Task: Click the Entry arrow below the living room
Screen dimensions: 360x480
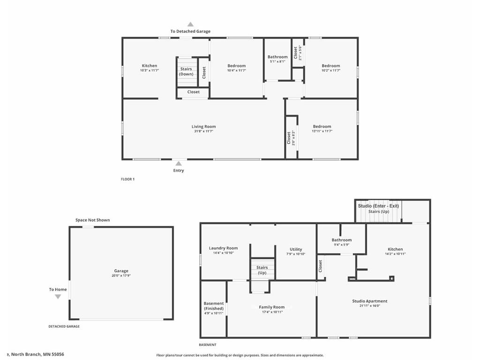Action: (x=178, y=164)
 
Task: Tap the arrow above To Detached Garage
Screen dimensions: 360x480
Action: (x=190, y=24)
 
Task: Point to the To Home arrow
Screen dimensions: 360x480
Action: (x=58, y=296)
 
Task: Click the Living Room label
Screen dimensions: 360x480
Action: (x=203, y=127)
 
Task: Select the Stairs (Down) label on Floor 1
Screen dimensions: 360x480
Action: (x=186, y=72)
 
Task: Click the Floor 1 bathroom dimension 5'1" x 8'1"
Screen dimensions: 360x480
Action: (x=277, y=61)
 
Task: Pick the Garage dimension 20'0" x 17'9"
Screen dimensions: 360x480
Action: (x=121, y=276)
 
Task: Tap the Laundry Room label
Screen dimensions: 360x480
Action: (x=223, y=248)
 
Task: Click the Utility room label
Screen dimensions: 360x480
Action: (x=296, y=249)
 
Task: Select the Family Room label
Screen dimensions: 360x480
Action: (x=272, y=307)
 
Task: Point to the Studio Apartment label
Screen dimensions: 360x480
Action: (x=370, y=301)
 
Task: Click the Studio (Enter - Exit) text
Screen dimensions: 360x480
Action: (x=378, y=206)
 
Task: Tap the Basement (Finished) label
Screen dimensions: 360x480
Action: (x=213, y=306)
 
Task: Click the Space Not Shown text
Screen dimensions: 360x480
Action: (x=93, y=220)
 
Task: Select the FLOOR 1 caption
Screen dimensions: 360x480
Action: (x=127, y=179)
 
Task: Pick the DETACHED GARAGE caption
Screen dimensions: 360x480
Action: (x=64, y=326)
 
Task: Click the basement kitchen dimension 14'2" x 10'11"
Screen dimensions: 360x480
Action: (x=395, y=254)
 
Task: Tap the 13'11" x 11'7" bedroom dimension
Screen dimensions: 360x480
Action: (x=322, y=131)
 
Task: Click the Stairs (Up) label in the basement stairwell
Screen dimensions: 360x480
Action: (x=262, y=270)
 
